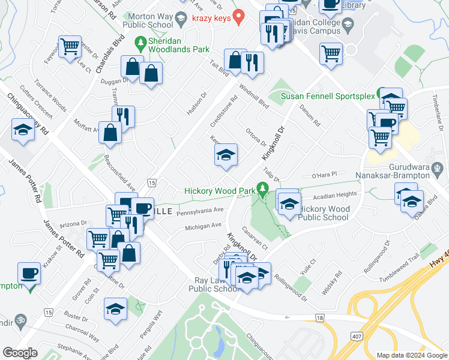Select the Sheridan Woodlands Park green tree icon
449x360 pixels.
140,43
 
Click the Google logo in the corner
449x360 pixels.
19,353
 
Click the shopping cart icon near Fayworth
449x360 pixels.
70,46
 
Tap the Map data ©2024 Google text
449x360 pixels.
411,355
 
